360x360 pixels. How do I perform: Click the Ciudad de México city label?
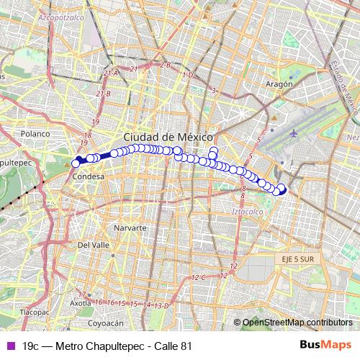pos(168,137)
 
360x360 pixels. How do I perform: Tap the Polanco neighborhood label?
pos(34,134)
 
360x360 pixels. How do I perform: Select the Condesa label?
pos(89,176)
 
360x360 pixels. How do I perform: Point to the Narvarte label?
pos(130,227)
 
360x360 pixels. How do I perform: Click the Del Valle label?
pos(93,245)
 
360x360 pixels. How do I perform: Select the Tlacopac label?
pos(34,312)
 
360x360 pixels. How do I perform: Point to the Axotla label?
pos(80,303)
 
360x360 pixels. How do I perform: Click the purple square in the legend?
pos(9,346)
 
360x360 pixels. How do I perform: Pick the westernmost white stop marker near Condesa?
pos(76,164)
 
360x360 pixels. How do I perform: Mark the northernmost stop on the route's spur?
pos(214,150)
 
